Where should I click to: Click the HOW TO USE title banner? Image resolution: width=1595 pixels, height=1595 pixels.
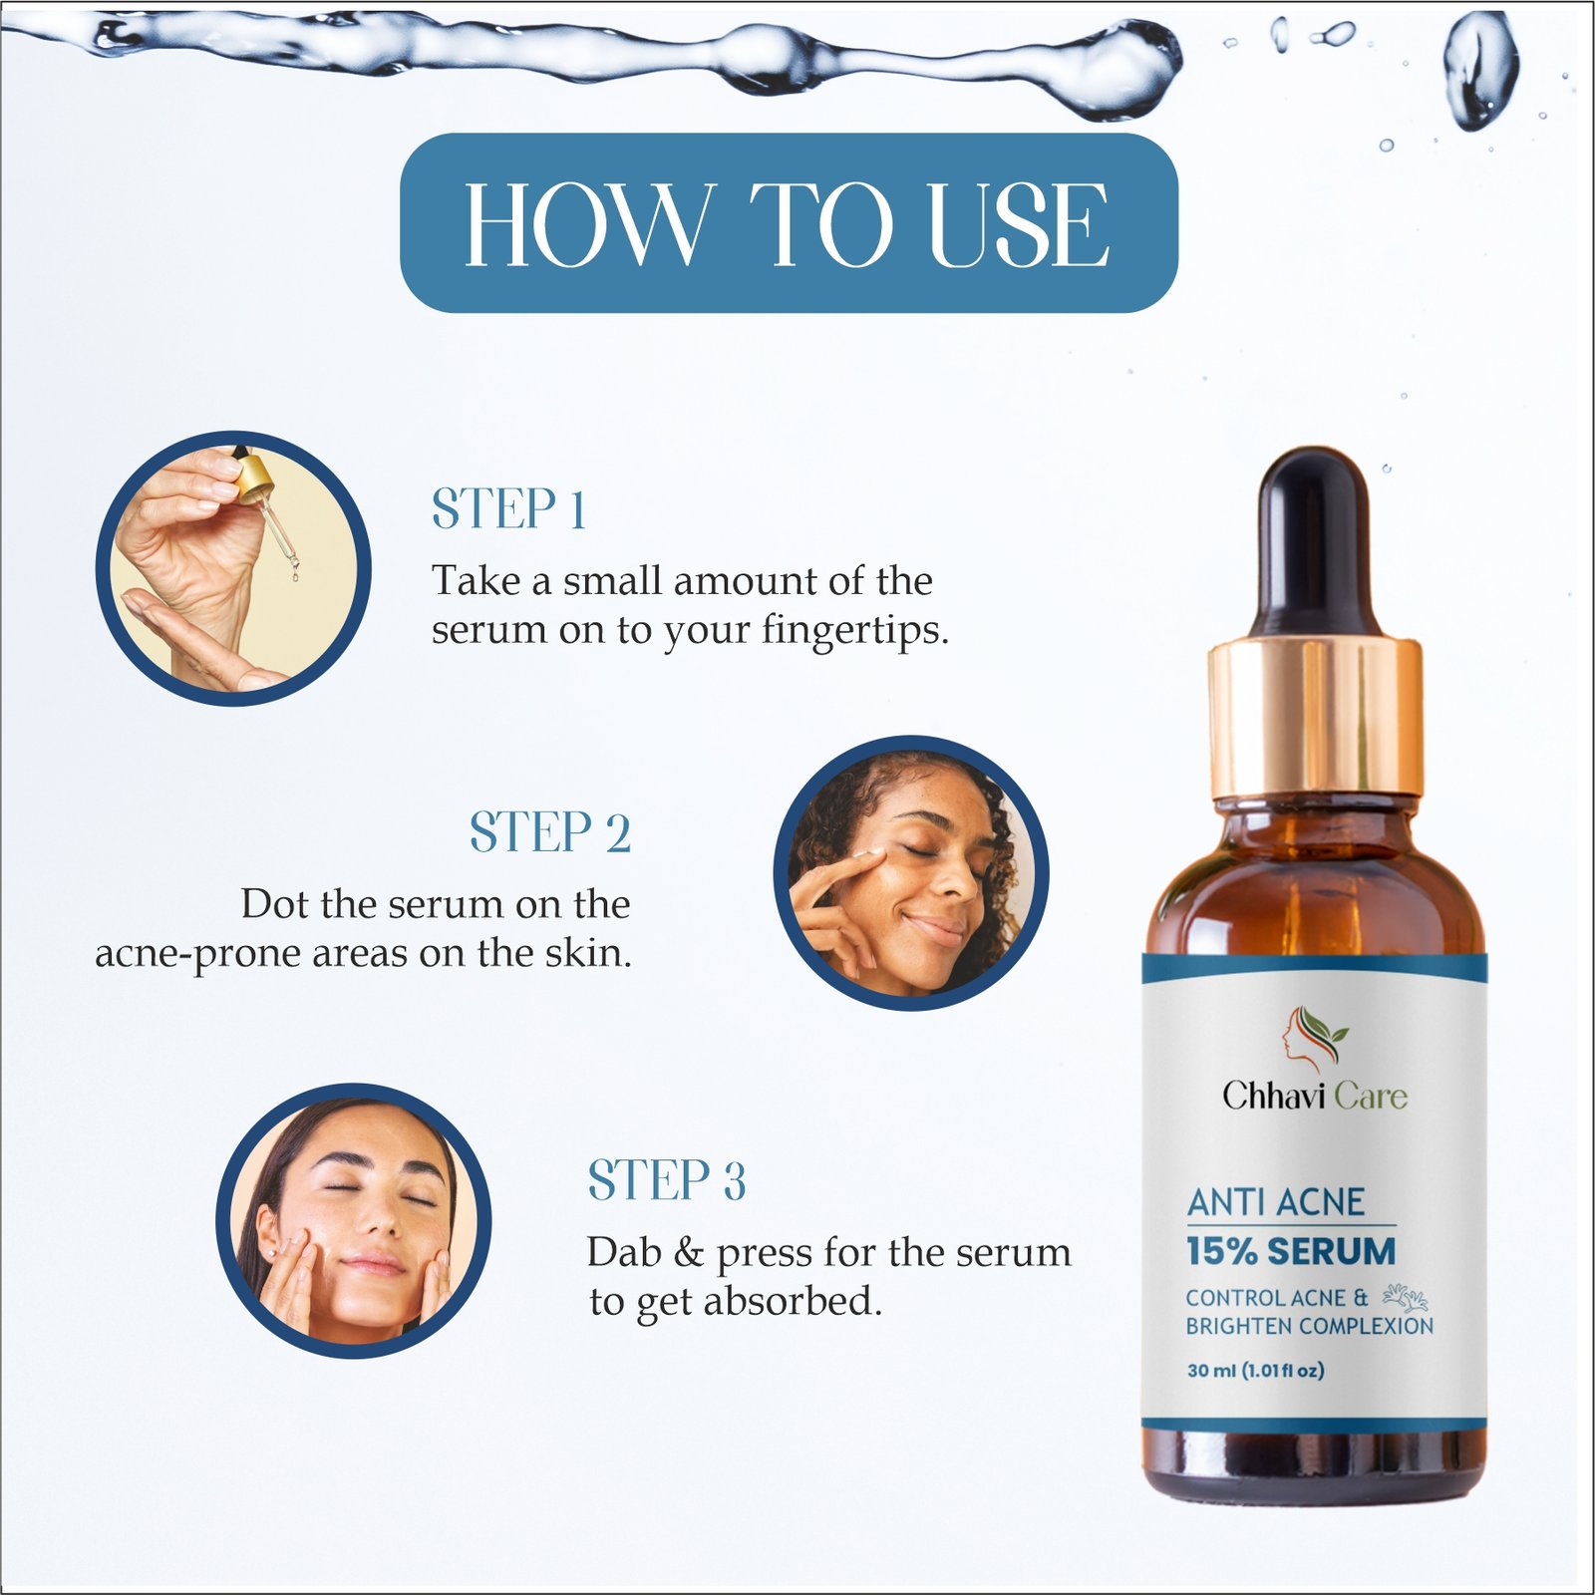(x=789, y=222)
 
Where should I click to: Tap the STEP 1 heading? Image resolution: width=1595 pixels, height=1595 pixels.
(x=508, y=509)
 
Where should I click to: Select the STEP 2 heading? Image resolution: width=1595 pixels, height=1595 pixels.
(x=550, y=832)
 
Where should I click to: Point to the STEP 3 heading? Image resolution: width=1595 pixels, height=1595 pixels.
(x=667, y=1180)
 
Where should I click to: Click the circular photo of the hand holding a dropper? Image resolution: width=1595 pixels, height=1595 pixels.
(x=233, y=568)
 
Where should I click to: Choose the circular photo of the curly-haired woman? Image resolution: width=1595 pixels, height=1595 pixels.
(x=911, y=873)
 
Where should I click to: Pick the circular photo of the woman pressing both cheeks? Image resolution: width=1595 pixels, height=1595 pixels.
(x=354, y=1220)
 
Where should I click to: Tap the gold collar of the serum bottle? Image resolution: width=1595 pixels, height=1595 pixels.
(x=1316, y=718)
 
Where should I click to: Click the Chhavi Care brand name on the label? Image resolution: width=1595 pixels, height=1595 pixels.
(x=1315, y=1096)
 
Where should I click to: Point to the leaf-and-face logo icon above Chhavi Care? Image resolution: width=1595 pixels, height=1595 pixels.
(x=1314, y=1037)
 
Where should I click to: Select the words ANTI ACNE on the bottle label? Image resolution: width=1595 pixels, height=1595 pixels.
(x=1276, y=1202)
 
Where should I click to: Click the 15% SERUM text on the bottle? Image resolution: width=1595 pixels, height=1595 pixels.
(x=1291, y=1251)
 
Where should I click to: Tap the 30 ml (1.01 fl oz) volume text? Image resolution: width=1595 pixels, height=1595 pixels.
(x=1256, y=1371)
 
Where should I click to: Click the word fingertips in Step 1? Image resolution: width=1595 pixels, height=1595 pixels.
(x=855, y=631)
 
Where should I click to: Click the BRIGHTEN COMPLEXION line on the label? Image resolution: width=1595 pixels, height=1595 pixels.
(x=1309, y=1326)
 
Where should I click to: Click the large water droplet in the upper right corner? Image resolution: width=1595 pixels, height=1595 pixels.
(x=1482, y=70)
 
